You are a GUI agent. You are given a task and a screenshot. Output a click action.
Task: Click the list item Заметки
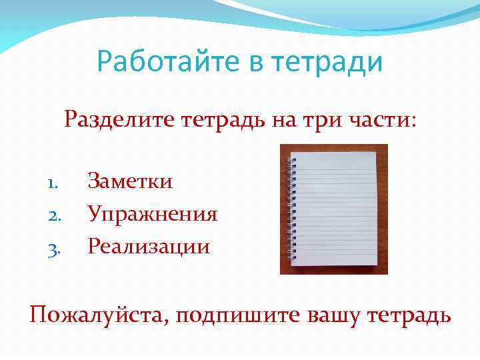[130, 181]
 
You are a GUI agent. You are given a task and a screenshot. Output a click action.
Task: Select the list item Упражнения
[153, 214]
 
